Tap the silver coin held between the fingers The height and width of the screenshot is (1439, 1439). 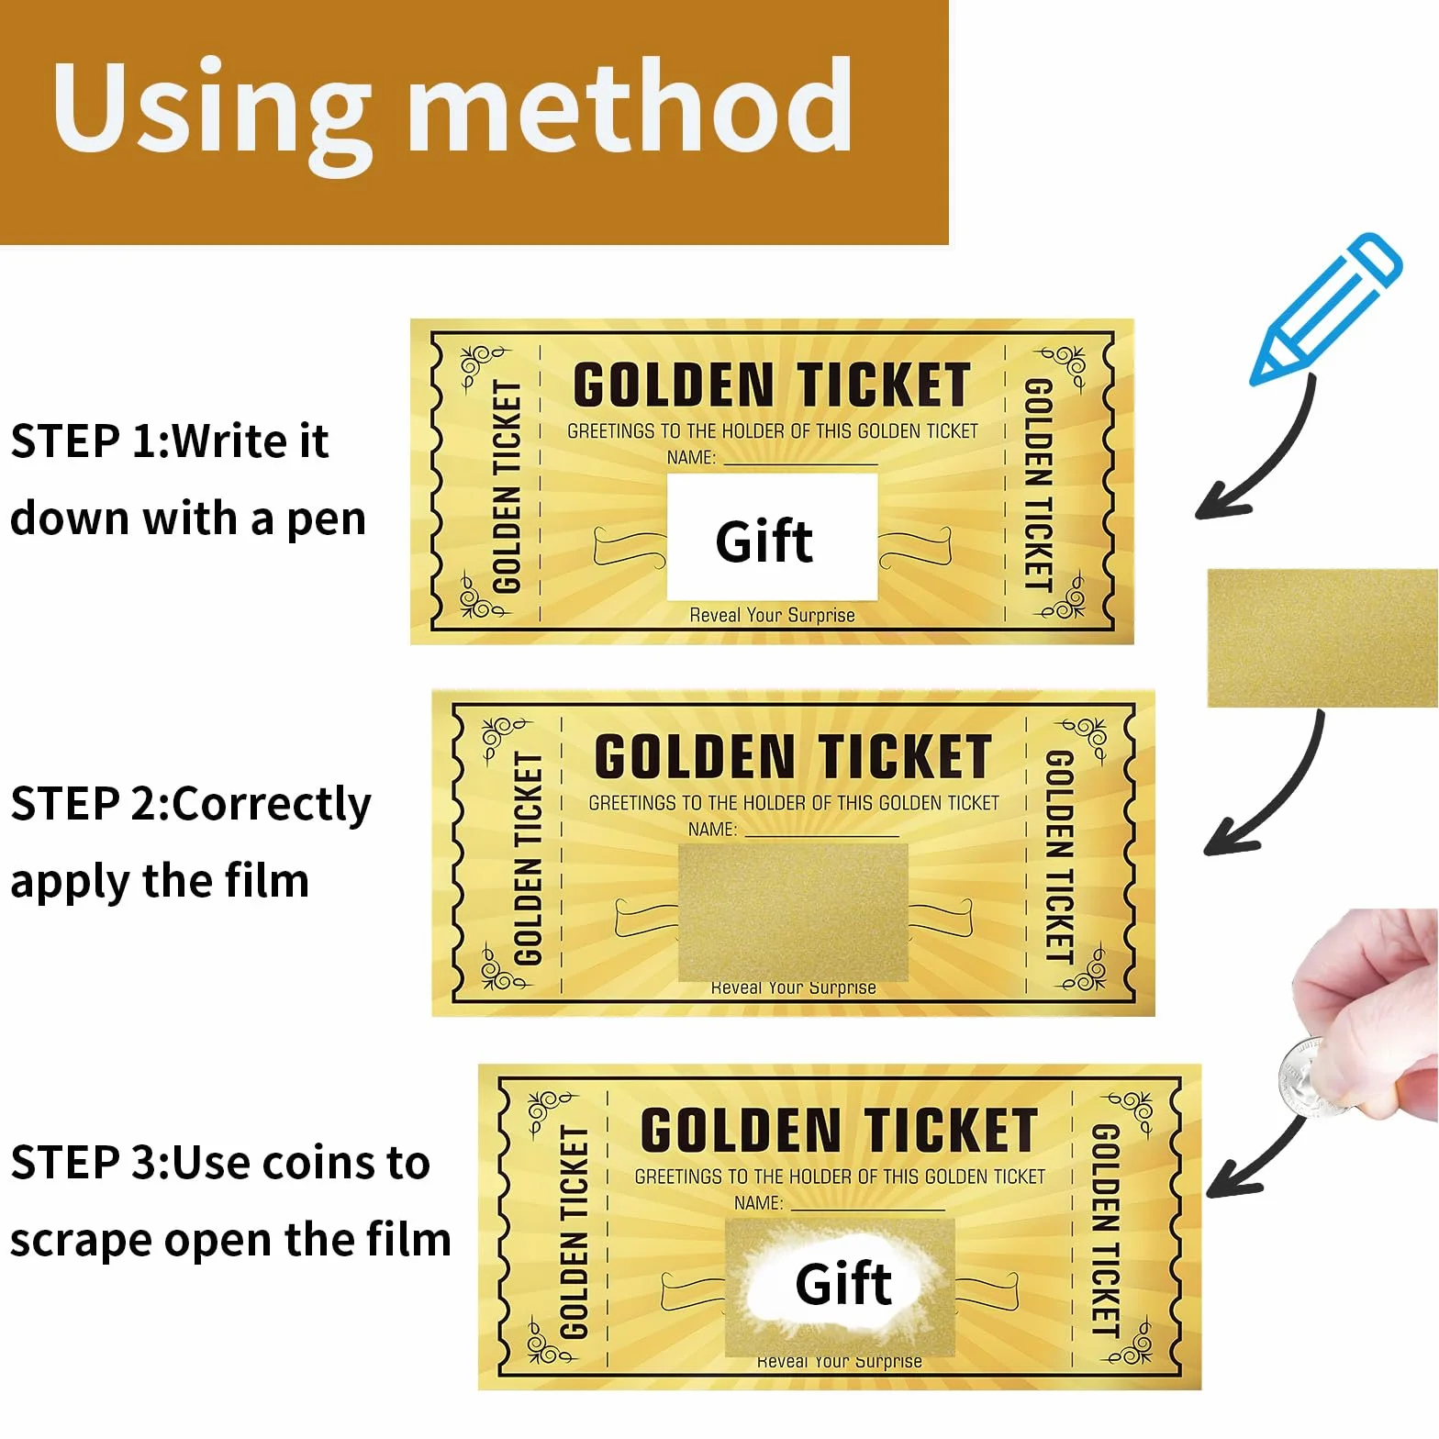click(1308, 1076)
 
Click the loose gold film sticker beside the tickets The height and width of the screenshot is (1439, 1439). click(1322, 638)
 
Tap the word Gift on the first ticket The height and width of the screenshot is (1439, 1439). click(764, 541)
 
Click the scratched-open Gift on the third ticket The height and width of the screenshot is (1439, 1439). click(843, 1282)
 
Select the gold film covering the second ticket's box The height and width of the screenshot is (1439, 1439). click(793, 911)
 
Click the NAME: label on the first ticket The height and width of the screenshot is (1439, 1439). click(691, 457)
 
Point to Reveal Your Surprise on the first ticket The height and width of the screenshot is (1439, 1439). click(772, 615)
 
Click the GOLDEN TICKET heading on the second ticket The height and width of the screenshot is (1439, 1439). click(793, 756)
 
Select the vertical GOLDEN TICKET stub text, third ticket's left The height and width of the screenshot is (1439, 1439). click(574, 1233)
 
